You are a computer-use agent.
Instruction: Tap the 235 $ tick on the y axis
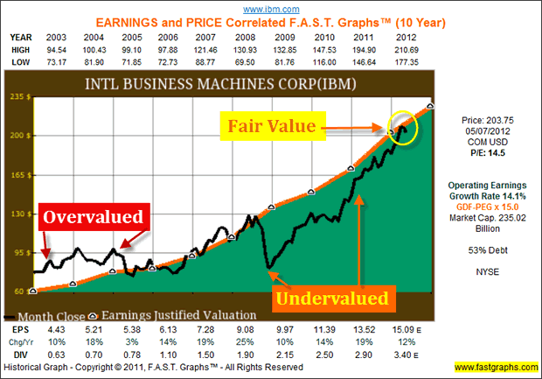click(x=19, y=97)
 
